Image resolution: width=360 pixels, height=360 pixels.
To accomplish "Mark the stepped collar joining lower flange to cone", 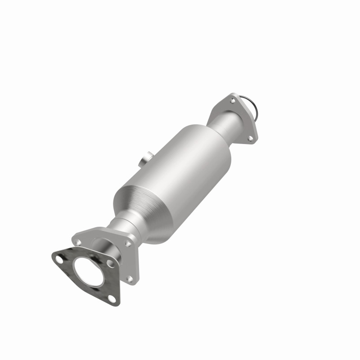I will tap(124, 225).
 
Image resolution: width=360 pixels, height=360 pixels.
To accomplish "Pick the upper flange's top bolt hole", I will tap(232, 100).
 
